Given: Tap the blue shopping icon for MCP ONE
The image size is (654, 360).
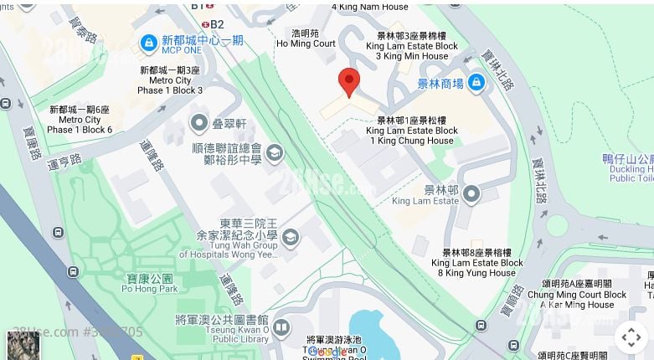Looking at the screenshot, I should point(149,41).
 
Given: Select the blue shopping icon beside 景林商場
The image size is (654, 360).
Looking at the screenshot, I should point(476,83).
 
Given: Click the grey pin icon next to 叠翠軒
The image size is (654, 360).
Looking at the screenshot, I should point(199,124).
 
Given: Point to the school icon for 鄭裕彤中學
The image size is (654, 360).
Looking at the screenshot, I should point(274,154).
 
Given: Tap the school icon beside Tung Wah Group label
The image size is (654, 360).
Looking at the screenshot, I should point(290,239).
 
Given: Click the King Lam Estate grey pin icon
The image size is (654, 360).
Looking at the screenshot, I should point(471,195).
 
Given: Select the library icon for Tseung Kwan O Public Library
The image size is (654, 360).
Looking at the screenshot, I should point(281,327).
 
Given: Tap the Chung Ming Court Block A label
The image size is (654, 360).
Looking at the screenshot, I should point(577,295).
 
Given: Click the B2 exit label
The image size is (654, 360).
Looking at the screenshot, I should point(216,25).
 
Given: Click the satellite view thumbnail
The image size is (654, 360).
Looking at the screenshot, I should point(23,345).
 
